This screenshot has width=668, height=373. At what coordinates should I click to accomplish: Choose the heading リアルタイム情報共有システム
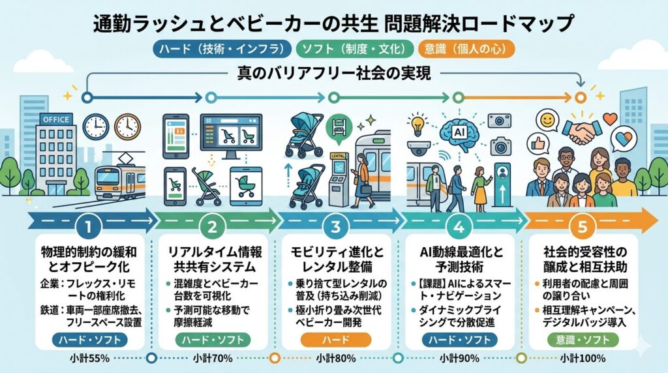212,259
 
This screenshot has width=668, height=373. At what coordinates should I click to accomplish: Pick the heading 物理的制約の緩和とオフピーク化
89,259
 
